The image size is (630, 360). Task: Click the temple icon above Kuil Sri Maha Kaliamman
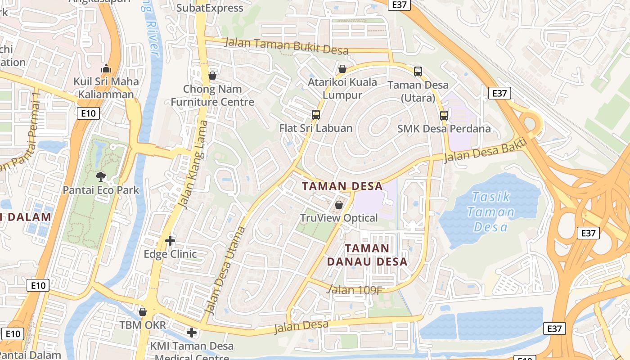pyautogui.click(x=106, y=69)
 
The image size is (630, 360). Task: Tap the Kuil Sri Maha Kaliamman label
pyautogui.click(x=106, y=88)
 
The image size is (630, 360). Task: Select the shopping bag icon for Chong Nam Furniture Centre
pyautogui.click(x=212, y=75)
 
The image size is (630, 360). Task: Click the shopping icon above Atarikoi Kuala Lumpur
pyautogui.click(x=342, y=69)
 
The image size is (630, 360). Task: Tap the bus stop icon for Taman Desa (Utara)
pyautogui.click(x=418, y=71)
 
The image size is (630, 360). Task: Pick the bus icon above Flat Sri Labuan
pyautogui.click(x=316, y=114)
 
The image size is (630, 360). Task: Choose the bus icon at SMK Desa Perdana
pyautogui.click(x=444, y=115)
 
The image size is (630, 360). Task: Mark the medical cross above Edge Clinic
pyautogui.click(x=170, y=241)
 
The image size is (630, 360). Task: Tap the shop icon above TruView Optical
pyautogui.click(x=339, y=205)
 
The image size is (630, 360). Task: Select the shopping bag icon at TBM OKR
pyautogui.click(x=143, y=311)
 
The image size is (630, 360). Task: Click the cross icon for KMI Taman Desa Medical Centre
pyautogui.click(x=192, y=333)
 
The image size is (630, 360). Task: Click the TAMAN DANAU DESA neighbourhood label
pyautogui.click(x=367, y=255)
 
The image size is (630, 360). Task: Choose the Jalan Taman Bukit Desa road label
pyautogui.click(x=286, y=45)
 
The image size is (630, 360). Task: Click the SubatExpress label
pyautogui.click(x=210, y=8)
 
